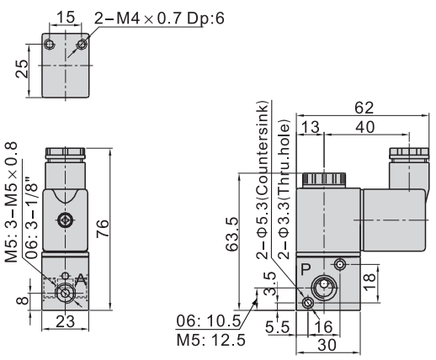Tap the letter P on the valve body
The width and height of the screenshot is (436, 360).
click(x=306, y=269)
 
